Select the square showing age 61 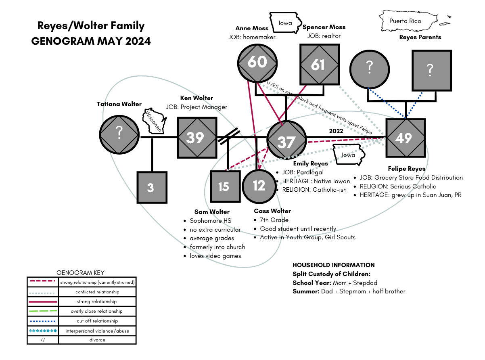click(x=318, y=64)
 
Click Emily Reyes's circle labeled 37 click(x=286, y=142)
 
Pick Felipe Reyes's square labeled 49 click(x=406, y=138)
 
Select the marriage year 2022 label click(x=336, y=131)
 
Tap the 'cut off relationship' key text click(x=97, y=321)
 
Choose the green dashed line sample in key click(x=42, y=311)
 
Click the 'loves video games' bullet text click(x=215, y=256)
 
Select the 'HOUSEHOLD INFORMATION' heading click(x=334, y=265)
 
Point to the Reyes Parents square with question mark click(x=431, y=70)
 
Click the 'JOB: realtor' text click(x=324, y=36)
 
